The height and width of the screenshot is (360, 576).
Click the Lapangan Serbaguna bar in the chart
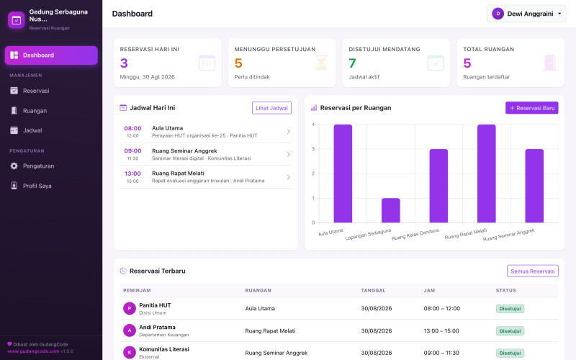(x=390, y=210)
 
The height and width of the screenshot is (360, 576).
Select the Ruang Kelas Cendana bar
(x=438, y=186)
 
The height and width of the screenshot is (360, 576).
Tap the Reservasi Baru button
(x=531, y=107)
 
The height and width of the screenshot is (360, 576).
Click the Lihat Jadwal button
(x=271, y=108)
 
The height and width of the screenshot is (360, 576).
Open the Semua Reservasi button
(x=532, y=271)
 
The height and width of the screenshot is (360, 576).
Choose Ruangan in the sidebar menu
(x=35, y=111)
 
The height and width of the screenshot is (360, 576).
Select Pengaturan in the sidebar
(x=38, y=166)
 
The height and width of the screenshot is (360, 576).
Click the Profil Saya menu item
(x=37, y=186)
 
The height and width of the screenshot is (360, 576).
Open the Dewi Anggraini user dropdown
(x=526, y=14)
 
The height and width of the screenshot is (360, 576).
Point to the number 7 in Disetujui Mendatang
(x=352, y=63)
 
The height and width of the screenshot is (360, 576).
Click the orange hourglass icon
(x=321, y=63)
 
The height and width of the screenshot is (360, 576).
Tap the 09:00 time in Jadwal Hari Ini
(x=132, y=150)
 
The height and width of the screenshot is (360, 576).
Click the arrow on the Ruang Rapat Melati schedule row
(x=289, y=177)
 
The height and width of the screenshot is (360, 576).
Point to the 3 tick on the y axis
(x=313, y=149)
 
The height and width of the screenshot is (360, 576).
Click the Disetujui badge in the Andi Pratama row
(x=510, y=331)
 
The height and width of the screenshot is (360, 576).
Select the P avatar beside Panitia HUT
(x=130, y=309)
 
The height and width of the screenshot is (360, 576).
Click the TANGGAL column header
(x=373, y=290)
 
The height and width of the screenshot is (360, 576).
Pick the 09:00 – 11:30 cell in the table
(x=441, y=353)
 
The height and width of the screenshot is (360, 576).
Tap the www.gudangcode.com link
(x=33, y=351)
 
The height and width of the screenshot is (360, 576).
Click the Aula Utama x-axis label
(x=330, y=232)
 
